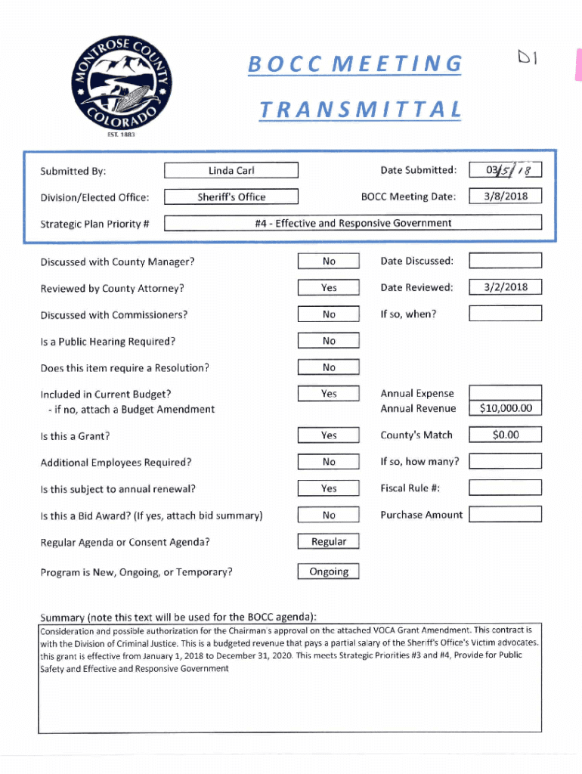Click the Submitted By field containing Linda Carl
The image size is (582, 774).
(231, 171)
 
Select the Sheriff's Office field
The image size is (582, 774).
(231, 197)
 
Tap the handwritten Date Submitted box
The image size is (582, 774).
(505, 170)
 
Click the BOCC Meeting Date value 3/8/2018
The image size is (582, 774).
(505, 197)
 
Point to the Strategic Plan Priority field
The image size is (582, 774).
(353, 223)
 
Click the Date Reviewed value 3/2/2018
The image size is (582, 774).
(505, 286)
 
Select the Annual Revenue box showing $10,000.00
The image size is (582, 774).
(505, 408)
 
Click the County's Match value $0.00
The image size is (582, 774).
(505, 435)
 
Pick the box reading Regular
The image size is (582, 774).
(328, 541)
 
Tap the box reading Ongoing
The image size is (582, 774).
(328, 571)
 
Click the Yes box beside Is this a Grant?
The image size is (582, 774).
(328, 435)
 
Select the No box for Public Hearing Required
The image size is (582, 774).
(328, 341)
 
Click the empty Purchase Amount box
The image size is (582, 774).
(505, 515)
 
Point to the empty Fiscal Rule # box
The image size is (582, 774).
(505, 488)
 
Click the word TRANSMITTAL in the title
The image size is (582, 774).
(360, 110)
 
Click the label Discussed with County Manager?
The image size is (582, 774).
(117, 262)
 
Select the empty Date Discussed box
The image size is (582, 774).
(505, 261)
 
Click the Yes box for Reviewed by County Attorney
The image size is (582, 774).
(328, 288)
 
